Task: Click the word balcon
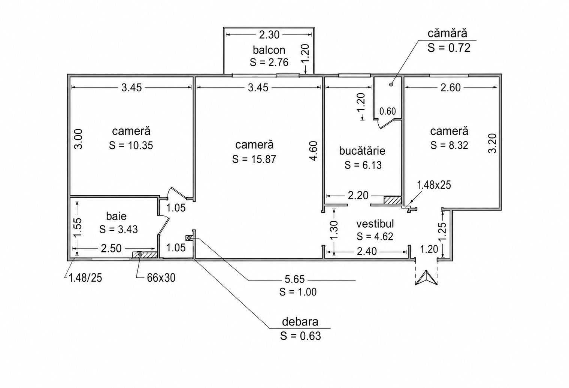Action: click(269, 50)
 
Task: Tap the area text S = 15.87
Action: click(254, 159)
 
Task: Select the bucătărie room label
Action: click(362, 151)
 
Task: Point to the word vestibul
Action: click(375, 224)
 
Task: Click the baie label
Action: click(116, 216)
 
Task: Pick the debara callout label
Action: click(300, 321)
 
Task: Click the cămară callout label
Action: click(447, 33)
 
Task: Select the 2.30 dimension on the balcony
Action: click(269, 35)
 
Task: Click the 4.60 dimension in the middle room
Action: click(314, 151)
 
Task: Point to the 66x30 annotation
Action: click(161, 278)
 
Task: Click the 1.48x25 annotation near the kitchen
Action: click(434, 185)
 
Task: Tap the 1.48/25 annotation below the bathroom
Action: click(85, 278)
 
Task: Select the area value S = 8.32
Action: click(449, 145)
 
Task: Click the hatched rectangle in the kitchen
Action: click(393, 200)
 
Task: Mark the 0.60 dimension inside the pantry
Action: click(388, 111)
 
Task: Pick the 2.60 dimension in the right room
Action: click(450, 88)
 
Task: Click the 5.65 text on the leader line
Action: click(295, 279)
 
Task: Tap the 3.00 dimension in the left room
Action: click(79, 139)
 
